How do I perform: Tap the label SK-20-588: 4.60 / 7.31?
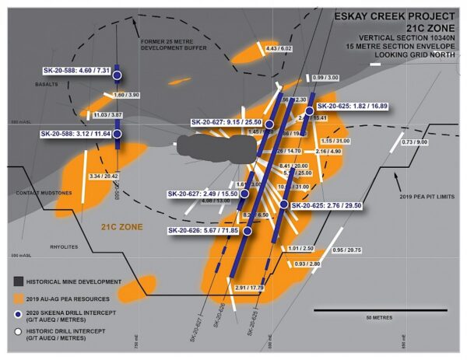[77, 71]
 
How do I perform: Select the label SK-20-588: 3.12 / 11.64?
[79, 134]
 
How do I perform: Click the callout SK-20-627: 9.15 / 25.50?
[227, 121]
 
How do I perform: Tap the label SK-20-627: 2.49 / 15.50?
[205, 194]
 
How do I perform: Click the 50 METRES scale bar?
[361, 312]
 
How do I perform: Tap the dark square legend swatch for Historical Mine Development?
[17, 281]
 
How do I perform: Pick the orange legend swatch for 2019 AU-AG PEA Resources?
[17, 298]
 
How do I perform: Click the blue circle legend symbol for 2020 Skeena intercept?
[17, 314]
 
